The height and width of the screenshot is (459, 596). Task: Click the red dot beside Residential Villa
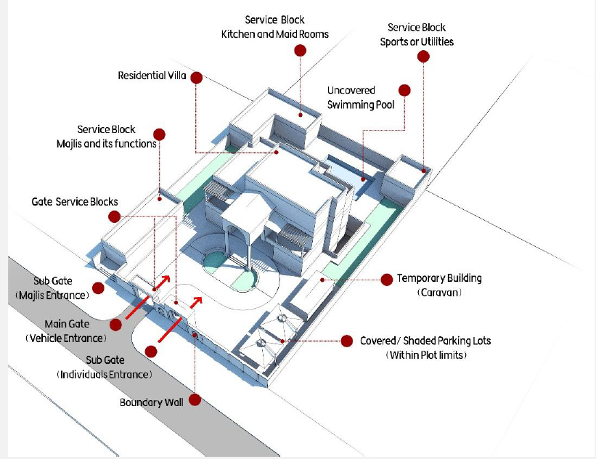pyautogui.click(x=196, y=78)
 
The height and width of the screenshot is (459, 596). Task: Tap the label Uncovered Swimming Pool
pyautogui.click(x=361, y=97)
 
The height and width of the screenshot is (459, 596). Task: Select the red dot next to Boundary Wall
pyautogui.click(x=195, y=399)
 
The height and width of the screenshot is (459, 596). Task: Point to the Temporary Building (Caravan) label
pyautogui.click(x=439, y=285)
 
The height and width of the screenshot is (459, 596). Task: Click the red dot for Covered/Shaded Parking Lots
pyautogui.click(x=347, y=341)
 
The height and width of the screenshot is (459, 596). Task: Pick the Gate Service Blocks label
pyautogui.click(x=75, y=202)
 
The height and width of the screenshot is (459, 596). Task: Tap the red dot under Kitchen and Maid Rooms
pyautogui.click(x=301, y=50)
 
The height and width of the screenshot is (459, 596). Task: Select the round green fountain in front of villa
pyautogui.click(x=215, y=261)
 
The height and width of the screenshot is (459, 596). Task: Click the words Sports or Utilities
pyautogui.click(x=417, y=41)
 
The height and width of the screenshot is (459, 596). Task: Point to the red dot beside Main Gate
pyautogui.click(x=115, y=325)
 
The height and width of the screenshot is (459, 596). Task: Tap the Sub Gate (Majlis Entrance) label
pyautogui.click(x=52, y=288)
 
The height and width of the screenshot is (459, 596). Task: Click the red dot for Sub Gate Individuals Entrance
pyautogui.click(x=151, y=351)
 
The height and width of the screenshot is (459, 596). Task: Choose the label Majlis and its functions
pyautogui.click(x=107, y=144)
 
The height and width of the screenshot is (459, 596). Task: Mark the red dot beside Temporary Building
pyautogui.click(x=386, y=280)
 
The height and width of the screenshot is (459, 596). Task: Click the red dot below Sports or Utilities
pyautogui.click(x=423, y=56)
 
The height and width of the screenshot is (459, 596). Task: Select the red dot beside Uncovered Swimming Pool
pyautogui.click(x=404, y=90)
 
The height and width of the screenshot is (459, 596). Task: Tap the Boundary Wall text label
pyautogui.click(x=151, y=402)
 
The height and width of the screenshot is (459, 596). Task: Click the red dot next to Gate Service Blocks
pyautogui.click(x=114, y=216)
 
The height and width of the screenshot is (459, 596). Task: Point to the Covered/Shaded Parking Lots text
pyautogui.click(x=425, y=348)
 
